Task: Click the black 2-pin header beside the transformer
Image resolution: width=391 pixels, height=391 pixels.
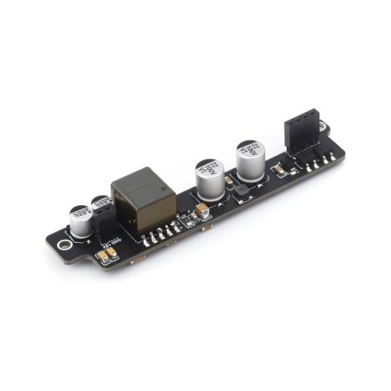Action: tap(106, 221)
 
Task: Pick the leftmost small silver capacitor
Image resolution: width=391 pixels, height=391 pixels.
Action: tap(79, 219)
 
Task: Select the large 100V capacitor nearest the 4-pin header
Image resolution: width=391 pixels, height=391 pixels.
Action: tap(250, 159)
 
